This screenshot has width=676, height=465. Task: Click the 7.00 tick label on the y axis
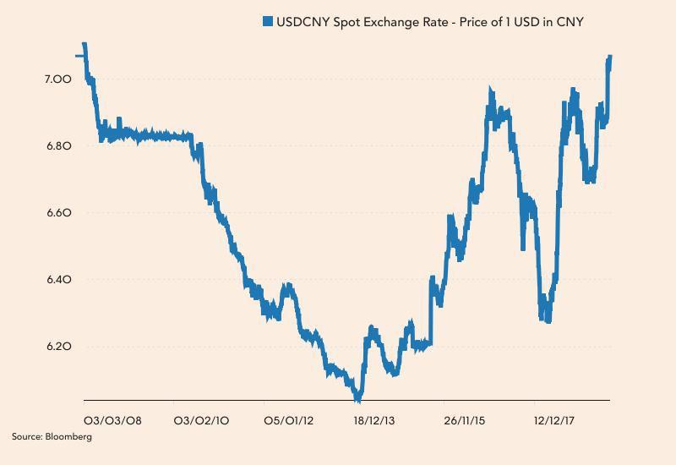point(58,79)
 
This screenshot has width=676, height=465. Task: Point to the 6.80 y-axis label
point(58,145)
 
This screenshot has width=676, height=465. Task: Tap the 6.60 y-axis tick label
point(58,212)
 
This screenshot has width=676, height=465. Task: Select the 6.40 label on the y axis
point(58,280)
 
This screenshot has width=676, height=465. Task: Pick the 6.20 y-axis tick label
point(58,347)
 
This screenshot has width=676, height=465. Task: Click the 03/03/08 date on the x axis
point(112,419)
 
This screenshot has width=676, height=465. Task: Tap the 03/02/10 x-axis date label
point(201,419)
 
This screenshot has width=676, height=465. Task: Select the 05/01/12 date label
point(290,419)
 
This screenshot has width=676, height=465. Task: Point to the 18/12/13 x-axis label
point(379,419)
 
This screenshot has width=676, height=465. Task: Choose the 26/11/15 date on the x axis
point(465,419)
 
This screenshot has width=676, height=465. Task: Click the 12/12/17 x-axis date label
point(554,419)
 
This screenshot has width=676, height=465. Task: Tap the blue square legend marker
point(267,22)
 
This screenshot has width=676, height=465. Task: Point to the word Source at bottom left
point(26,437)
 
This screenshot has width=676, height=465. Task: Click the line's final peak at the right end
point(609,57)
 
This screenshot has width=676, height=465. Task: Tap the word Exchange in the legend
point(397,22)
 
